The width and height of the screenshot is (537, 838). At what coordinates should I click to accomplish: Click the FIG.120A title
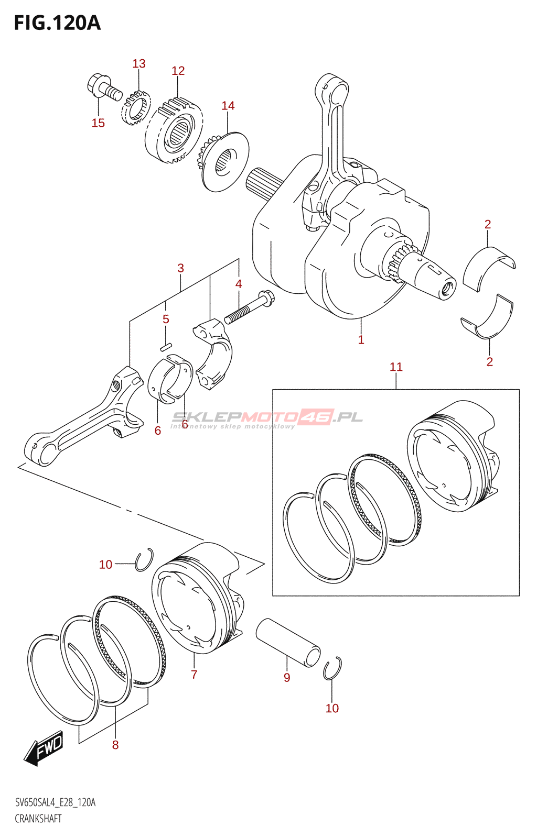click(57, 23)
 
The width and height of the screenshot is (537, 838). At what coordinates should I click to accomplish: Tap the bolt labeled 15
click(103, 89)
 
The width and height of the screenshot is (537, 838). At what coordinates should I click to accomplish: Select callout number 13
click(139, 64)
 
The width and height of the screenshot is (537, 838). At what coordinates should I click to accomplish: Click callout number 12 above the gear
click(178, 71)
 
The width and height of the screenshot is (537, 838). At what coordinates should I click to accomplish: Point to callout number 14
click(228, 106)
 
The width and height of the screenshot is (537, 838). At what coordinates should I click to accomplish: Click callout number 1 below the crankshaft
click(361, 339)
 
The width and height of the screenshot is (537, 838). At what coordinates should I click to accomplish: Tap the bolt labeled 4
click(249, 309)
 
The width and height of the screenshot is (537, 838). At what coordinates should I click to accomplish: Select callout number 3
click(181, 268)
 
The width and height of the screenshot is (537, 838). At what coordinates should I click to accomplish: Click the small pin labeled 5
click(166, 346)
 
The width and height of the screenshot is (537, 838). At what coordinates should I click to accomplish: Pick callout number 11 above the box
click(396, 367)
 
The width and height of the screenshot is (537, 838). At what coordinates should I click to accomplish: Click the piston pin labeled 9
click(288, 642)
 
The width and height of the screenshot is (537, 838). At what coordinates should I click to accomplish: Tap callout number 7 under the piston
click(194, 675)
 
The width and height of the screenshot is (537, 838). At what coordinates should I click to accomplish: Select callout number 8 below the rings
click(115, 745)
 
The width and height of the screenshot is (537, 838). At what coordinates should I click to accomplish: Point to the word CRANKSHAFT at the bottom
click(38, 819)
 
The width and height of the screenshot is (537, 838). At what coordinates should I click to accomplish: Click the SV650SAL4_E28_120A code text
click(55, 802)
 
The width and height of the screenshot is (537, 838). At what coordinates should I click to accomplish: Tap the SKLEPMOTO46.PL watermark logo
click(267, 418)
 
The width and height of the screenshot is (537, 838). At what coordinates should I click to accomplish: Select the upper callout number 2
click(488, 224)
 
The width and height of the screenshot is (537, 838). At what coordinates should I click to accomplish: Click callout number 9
click(287, 677)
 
